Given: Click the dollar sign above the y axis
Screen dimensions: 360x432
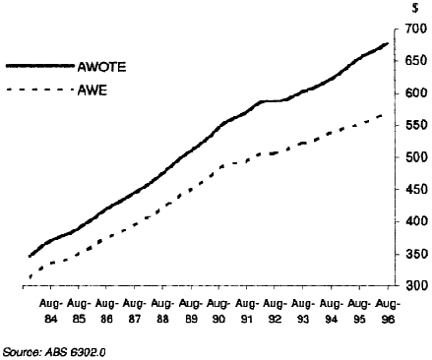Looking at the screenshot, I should pos(417,8).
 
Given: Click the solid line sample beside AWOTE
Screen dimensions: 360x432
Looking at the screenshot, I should pos(38,67).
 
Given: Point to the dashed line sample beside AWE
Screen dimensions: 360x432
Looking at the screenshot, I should pos(38,91).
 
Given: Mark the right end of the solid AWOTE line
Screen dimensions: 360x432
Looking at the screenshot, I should pos(388,43).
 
